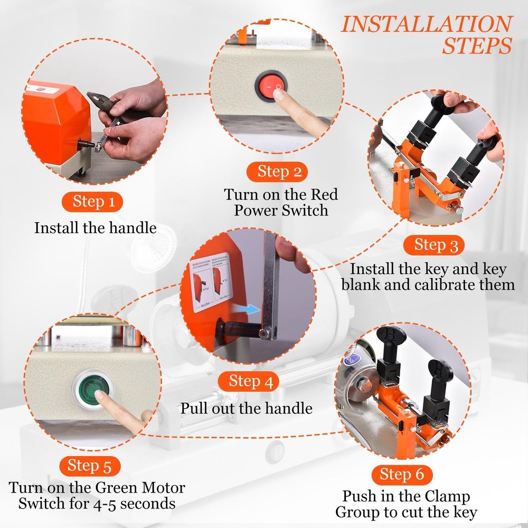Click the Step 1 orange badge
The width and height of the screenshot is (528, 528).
pyautogui.click(x=93, y=202)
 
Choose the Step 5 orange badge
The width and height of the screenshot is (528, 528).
pyautogui.click(x=90, y=466)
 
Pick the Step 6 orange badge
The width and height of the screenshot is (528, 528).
pyautogui.click(x=401, y=474)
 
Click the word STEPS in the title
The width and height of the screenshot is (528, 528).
pyautogui.click(x=477, y=46)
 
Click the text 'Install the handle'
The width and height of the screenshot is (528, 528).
pyautogui.click(x=96, y=228)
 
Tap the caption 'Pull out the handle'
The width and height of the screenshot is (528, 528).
pyautogui.click(x=246, y=408)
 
